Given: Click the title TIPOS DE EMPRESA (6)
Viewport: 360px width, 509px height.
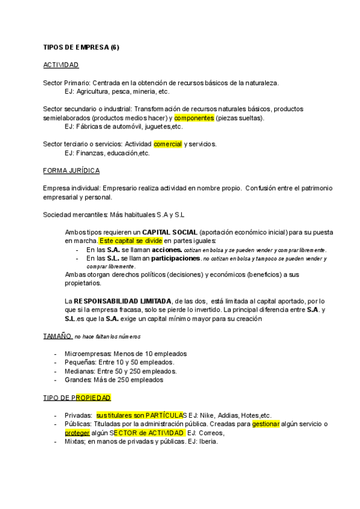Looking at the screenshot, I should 81,47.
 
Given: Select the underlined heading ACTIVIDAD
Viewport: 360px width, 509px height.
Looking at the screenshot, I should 61,65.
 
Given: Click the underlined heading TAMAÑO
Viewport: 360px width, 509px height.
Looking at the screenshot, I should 57,336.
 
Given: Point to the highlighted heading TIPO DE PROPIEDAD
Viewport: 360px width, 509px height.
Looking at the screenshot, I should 77,397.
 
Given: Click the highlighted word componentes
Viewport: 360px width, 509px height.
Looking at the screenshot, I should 194,118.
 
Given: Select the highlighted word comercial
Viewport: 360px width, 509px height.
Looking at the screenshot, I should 168,144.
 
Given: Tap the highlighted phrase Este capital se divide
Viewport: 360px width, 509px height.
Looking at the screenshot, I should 131,241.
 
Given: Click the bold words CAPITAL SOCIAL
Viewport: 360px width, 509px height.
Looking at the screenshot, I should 169,232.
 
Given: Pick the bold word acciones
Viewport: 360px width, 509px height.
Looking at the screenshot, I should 152,249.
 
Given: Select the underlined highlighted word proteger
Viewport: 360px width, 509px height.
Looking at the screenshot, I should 77,432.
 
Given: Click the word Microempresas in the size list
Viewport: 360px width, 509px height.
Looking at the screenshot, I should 88,354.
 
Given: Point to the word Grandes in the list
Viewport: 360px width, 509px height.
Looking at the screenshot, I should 78,379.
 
